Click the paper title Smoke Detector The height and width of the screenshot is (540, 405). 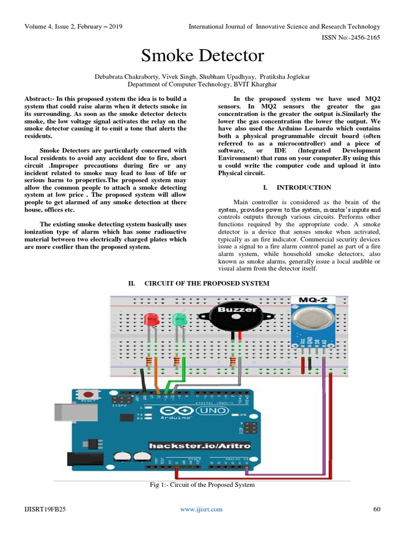202,56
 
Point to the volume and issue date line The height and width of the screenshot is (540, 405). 73,26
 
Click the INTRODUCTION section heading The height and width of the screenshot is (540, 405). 303,187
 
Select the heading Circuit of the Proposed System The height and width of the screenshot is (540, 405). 207,283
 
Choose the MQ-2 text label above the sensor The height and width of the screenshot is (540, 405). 313,300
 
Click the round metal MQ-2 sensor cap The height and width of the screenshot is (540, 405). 313,319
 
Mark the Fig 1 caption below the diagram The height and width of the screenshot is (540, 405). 202,485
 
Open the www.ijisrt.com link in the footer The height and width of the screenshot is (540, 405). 201,509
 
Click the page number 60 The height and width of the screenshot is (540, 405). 376,509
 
